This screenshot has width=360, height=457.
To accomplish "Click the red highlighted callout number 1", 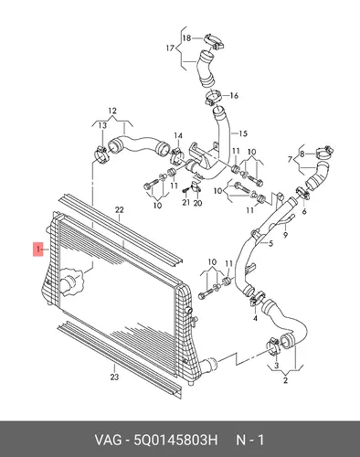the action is tap(38, 250).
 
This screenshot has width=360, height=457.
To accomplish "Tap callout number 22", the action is tap(120, 209).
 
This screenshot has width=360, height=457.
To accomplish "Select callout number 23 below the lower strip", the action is tap(114, 377).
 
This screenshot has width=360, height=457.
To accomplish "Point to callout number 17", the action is tap(170, 48).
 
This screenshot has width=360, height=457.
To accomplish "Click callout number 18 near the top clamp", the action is tap(186, 38).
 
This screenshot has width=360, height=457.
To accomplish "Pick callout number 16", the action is tap(234, 96).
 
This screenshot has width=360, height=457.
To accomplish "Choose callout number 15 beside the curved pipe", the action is tap(243, 133).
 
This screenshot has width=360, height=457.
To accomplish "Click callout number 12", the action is tap(112, 111).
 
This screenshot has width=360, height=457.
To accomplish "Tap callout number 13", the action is tap(102, 125).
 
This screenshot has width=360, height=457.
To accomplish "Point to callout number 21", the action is tap(185, 202).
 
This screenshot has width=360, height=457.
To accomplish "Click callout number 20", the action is tap(197, 202).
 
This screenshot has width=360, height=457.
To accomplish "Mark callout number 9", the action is tap(285, 235).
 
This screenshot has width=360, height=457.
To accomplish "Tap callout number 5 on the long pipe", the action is tap(270, 243).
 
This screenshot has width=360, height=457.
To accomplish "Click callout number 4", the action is tap(255, 318).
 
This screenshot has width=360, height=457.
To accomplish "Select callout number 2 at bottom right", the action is tap(285, 380).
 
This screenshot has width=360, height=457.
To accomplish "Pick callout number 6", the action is tap(304, 211).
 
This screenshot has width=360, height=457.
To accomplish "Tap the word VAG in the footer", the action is tap(107, 441).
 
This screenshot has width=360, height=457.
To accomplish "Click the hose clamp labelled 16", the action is tap(213, 97).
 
